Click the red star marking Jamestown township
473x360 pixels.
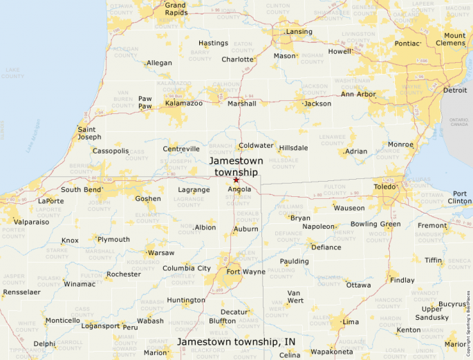point(236,180)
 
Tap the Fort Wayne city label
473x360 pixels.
point(245,272)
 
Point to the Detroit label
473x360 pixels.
point(455,90)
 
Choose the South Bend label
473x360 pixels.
point(82,189)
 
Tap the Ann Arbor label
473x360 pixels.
point(358,94)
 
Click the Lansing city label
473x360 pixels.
point(299,32)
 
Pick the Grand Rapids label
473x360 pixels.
point(175,9)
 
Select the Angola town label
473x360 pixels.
point(239,189)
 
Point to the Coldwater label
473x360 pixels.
point(256,146)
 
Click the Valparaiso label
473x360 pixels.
point(31,222)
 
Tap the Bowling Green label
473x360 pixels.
point(375,224)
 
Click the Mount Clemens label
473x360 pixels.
point(454,39)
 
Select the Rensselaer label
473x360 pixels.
point(21,292)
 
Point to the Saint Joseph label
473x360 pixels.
point(89,133)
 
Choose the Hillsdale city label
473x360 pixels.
point(293,148)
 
